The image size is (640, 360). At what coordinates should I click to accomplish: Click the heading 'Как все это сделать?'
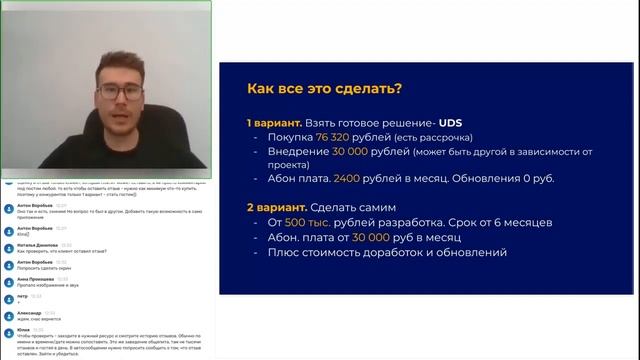[x=318, y=89]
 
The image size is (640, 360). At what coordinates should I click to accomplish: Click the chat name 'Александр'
[x=30, y=312]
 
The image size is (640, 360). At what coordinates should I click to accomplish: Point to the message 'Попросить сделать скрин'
[x=43, y=268]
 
